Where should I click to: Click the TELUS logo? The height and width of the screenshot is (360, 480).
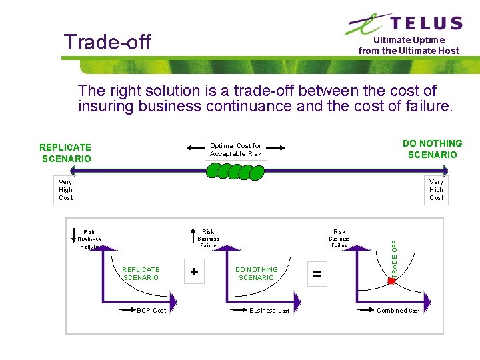click(x=404, y=23)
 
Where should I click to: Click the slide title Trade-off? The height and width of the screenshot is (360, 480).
click(x=107, y=42)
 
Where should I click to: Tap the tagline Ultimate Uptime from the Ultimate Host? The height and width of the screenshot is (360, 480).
click(x=409, y=45)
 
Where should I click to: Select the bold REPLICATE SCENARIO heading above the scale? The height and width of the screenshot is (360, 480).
click(x=65, y=153)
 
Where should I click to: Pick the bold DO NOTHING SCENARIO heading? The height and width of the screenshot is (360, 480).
click(x=432, y=149)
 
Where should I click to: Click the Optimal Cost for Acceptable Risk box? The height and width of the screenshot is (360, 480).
click(x=235, y=149)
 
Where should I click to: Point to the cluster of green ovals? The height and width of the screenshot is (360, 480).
click(x=235, y=171)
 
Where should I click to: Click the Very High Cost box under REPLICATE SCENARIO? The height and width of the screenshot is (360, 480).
click(x=65, y=189)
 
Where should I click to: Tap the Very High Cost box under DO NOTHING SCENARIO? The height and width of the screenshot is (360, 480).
click(x=436, y=189)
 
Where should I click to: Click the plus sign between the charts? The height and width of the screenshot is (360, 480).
click(x=194, y=272)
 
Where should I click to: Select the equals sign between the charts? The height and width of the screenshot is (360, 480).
click(x=317, y=274)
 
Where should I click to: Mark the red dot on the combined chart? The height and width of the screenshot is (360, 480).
click(x=391, y=281)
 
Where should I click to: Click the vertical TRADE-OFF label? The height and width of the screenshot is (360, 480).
click(x=394, y=259)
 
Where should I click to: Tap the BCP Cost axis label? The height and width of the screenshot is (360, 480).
click(x=151, y=310)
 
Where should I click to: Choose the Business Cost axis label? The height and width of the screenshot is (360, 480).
click(x=269, y=310)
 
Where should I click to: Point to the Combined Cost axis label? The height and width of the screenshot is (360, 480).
click(x=398, y=310)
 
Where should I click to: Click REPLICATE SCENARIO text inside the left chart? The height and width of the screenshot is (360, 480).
click(x=141, y=273)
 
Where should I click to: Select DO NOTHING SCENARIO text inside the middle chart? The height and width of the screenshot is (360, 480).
click(x=257, y=273)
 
